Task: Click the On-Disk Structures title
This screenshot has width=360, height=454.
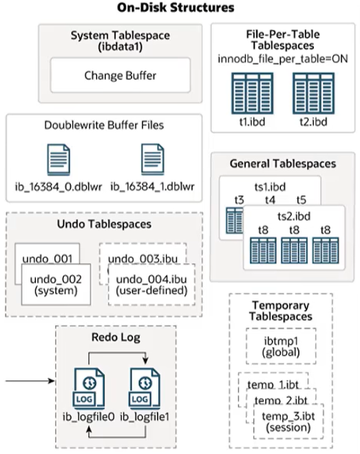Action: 180,8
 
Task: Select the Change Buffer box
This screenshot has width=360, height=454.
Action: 120,74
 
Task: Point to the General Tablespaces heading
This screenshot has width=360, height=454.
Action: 283,164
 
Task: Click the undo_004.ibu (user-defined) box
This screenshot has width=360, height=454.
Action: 152,284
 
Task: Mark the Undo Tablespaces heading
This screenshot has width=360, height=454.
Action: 103,225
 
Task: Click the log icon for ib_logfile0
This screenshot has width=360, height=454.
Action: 89,389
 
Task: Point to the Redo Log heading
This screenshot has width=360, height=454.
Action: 116,337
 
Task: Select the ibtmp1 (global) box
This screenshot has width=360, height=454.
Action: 280,347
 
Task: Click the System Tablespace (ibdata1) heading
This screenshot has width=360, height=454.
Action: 120,41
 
